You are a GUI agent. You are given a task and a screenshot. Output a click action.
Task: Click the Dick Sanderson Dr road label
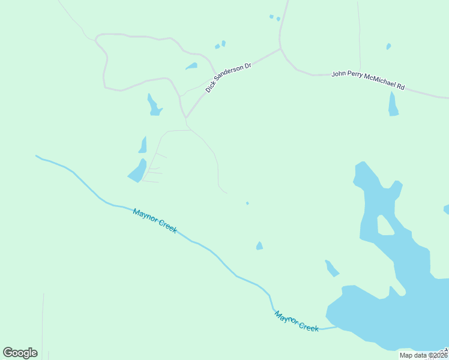pos(228,77)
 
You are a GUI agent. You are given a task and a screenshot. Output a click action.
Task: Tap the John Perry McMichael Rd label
pos(368,80)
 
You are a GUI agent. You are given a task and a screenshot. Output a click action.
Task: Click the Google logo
pos(20,352)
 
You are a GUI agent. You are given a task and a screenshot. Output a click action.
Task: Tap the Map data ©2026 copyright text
pos(423,355)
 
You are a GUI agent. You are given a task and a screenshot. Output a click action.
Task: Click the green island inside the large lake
pos(384,225)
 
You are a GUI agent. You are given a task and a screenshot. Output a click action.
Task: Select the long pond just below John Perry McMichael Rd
pos(393,104)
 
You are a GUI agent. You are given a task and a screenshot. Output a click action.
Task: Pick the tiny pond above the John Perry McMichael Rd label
pos(388,46)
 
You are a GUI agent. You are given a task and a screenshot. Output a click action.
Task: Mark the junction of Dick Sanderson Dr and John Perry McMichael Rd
pos(280,49)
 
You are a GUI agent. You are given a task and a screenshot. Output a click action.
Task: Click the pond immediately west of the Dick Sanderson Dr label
pos(191,66)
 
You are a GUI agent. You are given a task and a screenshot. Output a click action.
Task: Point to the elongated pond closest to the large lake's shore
pos(331,268)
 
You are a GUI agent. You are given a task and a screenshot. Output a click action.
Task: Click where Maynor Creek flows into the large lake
pos(336,328)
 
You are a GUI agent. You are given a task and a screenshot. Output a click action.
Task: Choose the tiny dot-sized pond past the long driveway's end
pos(247,203)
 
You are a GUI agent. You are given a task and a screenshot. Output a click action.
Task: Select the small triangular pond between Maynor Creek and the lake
pos(259,245)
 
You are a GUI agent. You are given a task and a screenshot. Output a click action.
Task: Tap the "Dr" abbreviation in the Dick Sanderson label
pos(246,64)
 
